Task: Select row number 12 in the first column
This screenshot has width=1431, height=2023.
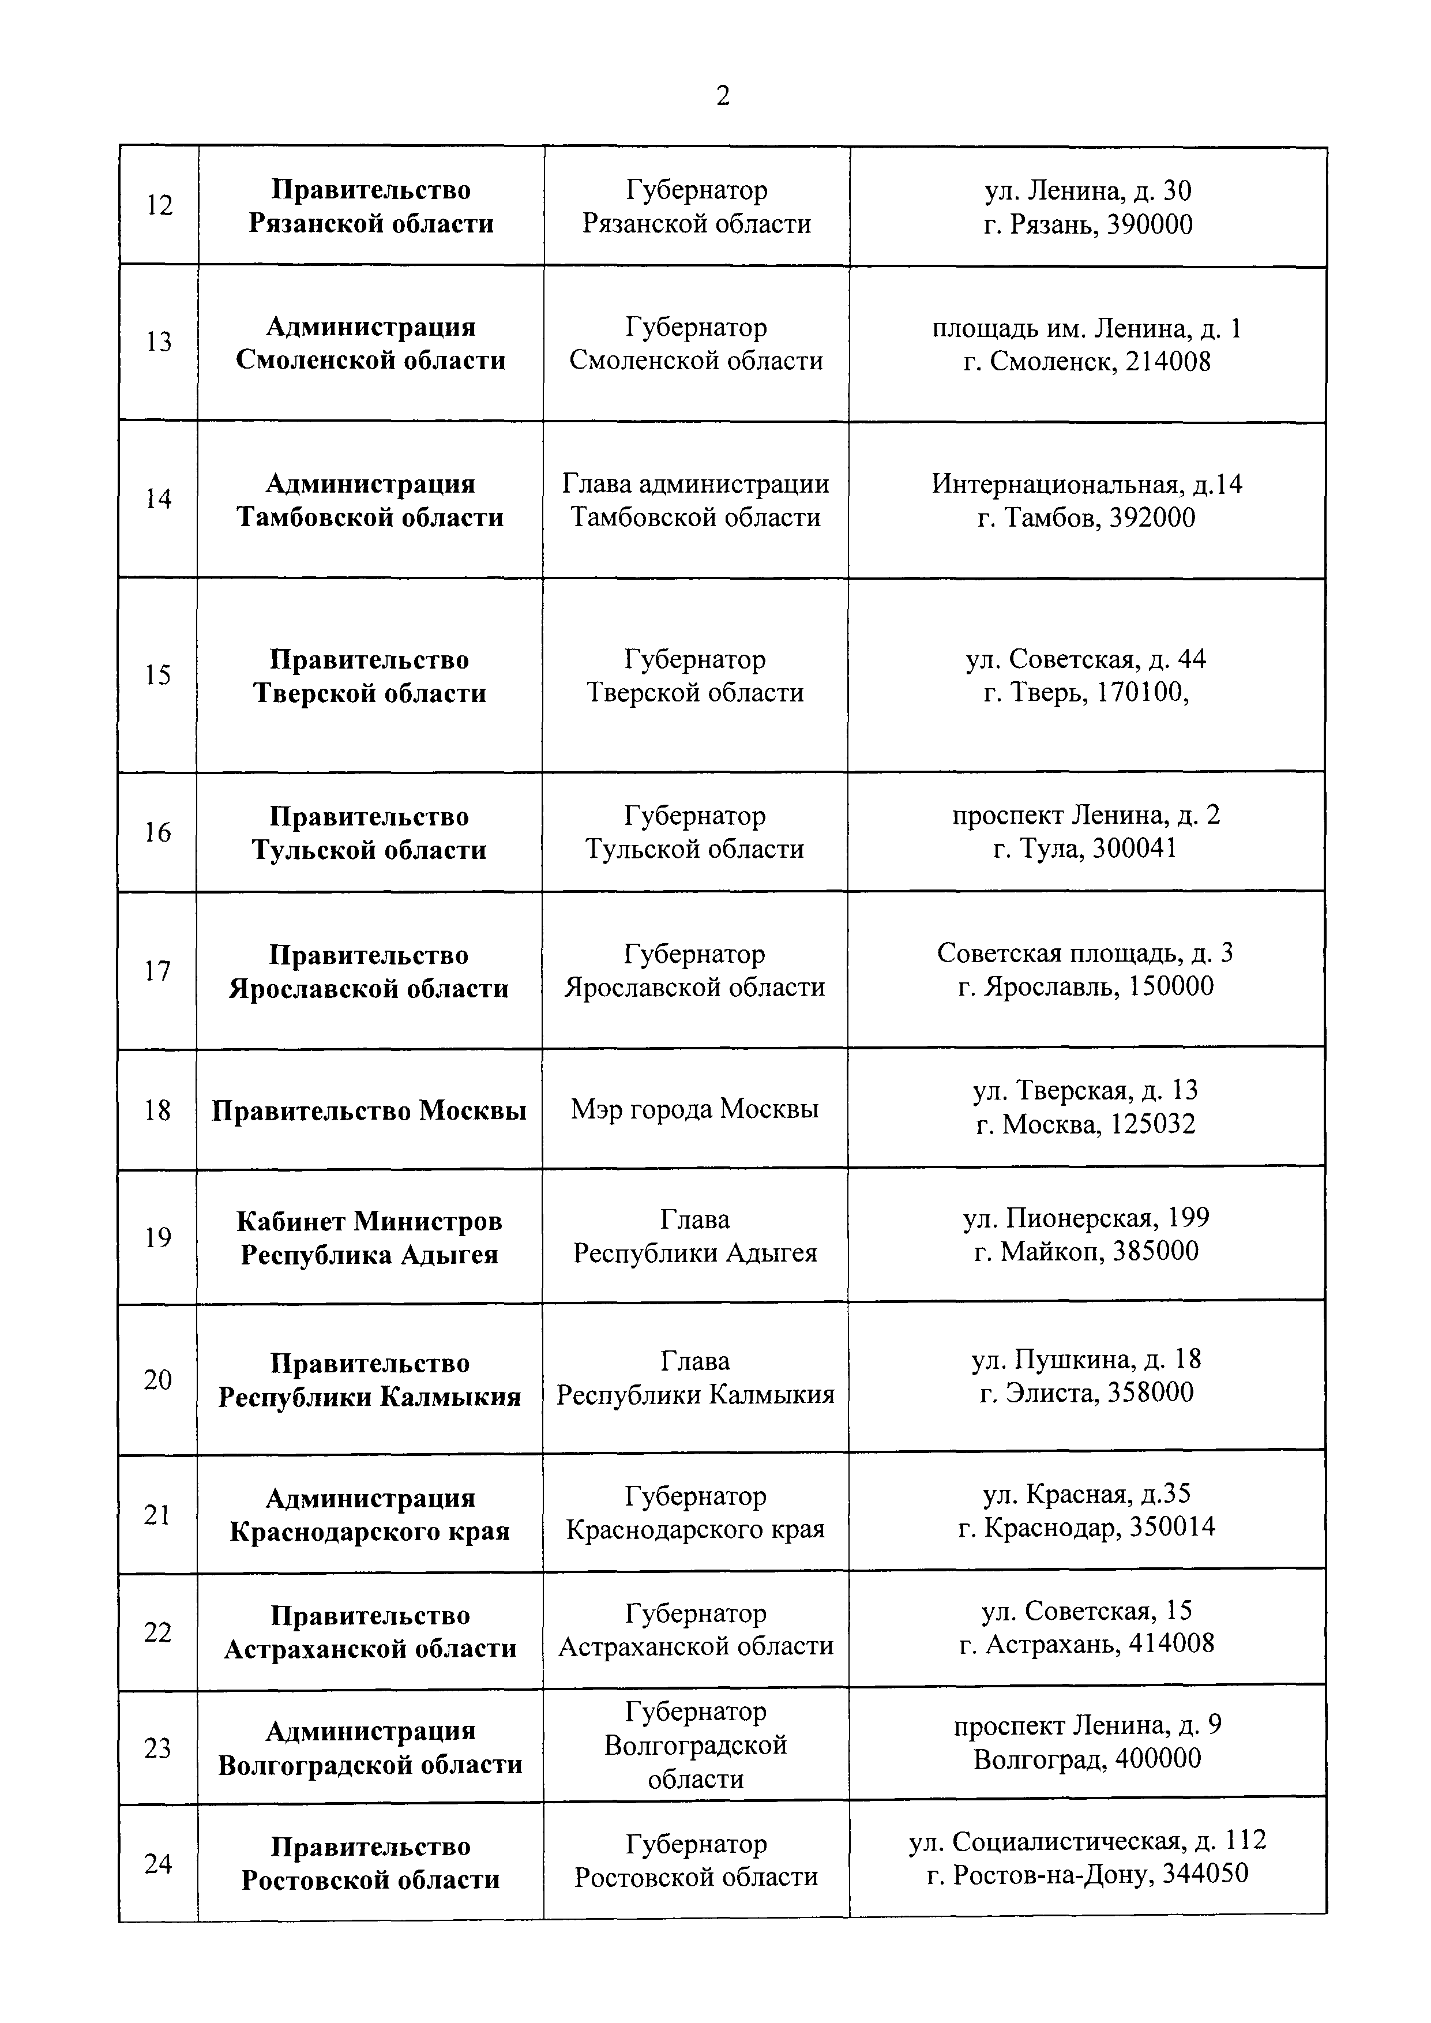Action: [160, 205]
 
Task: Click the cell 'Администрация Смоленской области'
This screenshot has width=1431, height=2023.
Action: [370, 344]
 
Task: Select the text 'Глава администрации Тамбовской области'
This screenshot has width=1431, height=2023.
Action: [695, 501]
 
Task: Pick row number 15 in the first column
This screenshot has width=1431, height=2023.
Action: [159, 675]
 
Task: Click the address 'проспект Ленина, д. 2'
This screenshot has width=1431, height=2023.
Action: [1086, 815]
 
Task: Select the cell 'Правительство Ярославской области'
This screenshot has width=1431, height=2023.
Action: [369, 972]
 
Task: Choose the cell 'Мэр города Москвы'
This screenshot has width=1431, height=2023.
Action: [694, 1109]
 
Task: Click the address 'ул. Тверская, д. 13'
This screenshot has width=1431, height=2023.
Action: [1086, 1091]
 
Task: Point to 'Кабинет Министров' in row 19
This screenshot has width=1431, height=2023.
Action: [369, 1221]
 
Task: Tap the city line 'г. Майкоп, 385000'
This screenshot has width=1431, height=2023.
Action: [1086, 1251]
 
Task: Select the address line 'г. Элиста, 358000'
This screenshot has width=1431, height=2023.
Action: [1086, 1393]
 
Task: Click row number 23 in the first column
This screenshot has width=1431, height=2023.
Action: [157, 1748]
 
